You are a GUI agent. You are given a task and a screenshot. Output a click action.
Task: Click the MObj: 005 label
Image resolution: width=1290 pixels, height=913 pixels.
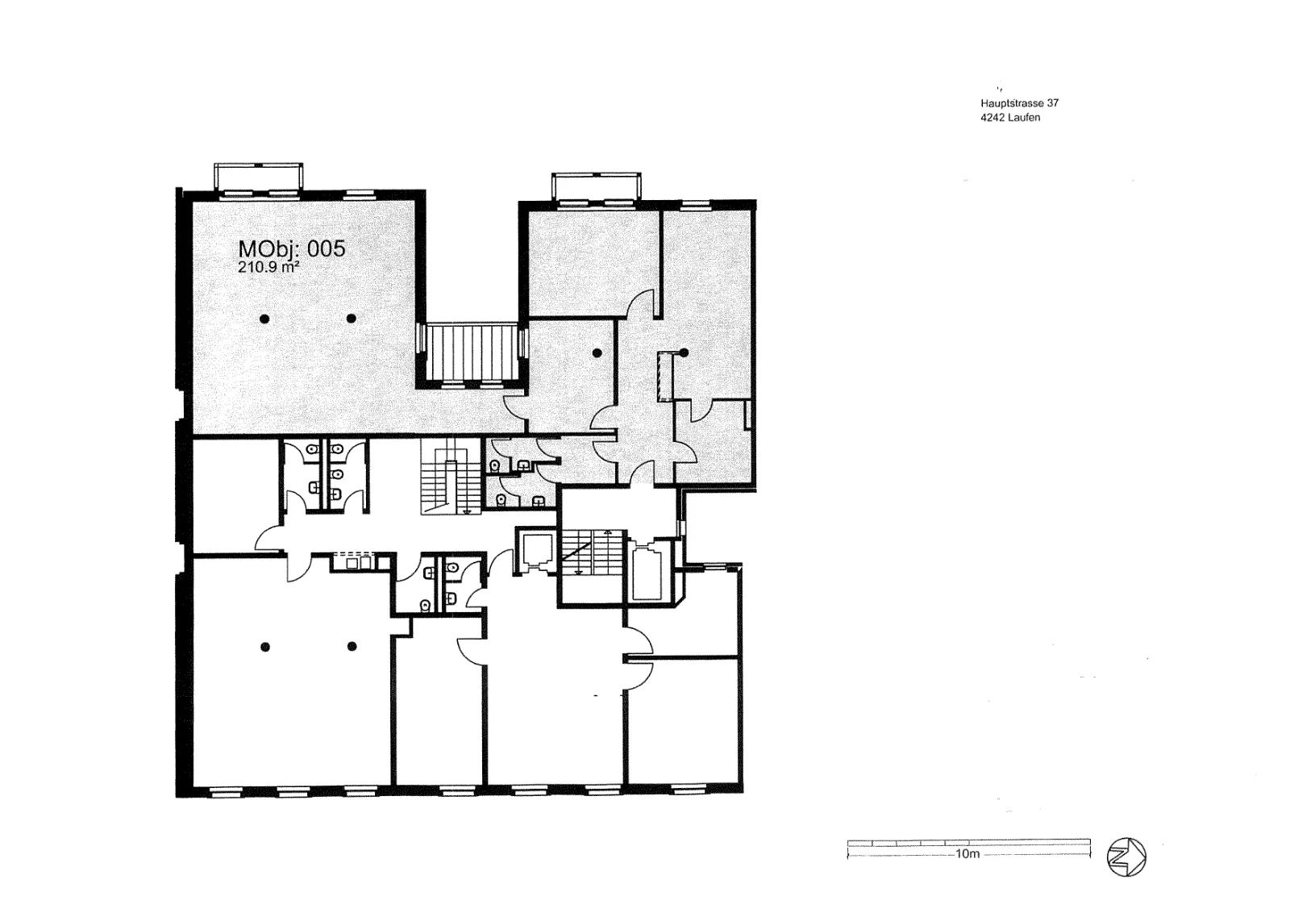(x=291, y=249)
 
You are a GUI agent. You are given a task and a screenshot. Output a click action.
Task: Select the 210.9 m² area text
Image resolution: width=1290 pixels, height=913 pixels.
(x=268, y=267)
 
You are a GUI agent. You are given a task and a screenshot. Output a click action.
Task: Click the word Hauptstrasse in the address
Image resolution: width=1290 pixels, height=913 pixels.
(x=1012, y=103)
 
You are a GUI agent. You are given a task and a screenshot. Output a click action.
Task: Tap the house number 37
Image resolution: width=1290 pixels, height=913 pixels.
(x=1053, y=103)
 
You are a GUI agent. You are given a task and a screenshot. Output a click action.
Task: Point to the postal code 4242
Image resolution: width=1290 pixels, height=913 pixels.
(x=992, y=118)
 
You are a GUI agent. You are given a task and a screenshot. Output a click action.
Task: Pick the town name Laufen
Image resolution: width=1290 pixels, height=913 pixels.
(x=1024, y=118)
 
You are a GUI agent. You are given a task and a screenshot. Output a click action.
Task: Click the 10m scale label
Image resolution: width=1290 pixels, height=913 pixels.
(x=967, y=853)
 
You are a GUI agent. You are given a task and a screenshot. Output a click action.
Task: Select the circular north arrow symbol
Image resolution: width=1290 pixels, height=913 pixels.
(x=1126, y=857)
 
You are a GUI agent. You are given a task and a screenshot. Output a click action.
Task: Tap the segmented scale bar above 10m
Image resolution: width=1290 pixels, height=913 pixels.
(x=968, y=843)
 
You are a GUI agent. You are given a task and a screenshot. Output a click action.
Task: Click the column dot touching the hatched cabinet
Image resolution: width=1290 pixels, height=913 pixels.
(x=685, y=352)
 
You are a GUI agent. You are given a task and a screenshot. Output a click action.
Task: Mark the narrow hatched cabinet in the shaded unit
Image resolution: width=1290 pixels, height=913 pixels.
(x=666, y=376)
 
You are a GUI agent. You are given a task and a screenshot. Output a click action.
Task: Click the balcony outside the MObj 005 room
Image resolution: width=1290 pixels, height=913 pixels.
(x=259, y=176)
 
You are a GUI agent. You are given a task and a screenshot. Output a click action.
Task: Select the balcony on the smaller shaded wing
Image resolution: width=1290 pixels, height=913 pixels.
(x=596, y=186)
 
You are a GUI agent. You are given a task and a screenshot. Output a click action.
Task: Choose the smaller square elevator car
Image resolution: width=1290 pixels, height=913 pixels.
(x=536, y=550)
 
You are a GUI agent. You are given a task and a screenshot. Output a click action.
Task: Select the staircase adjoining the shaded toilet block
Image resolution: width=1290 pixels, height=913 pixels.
(x=451, y=476)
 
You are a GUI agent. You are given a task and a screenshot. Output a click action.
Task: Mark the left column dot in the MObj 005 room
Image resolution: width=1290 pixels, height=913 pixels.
(x=264, y=319)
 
